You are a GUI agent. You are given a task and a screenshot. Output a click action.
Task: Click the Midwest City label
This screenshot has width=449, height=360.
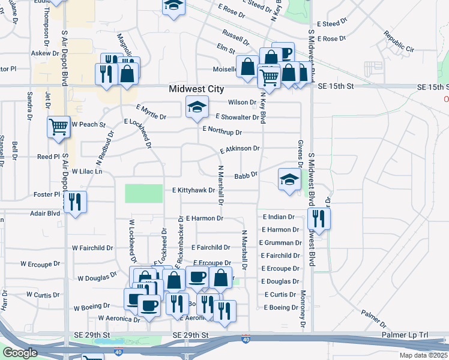click(x=196, y=88)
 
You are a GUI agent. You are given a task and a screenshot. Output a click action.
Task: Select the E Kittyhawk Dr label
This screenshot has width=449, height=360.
click(x=193, y=190)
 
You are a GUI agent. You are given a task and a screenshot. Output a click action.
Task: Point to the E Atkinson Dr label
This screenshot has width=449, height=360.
click(x=240, y=149)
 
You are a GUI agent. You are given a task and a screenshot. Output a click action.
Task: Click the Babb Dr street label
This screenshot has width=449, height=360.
click(x=246, y=176)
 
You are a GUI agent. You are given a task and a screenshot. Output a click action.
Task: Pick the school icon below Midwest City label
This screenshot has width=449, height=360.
click(x=197, y=107)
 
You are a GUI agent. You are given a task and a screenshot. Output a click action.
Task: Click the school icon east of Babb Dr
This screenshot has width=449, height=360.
click(x=289, y=179)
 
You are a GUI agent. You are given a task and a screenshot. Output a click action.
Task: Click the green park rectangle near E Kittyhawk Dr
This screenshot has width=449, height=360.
click(x=143, y=194)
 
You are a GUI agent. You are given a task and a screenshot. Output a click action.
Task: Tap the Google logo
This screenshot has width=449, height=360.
click(x=20, y=352)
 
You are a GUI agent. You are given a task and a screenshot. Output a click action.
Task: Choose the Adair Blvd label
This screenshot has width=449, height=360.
click(x=46, y=213)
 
